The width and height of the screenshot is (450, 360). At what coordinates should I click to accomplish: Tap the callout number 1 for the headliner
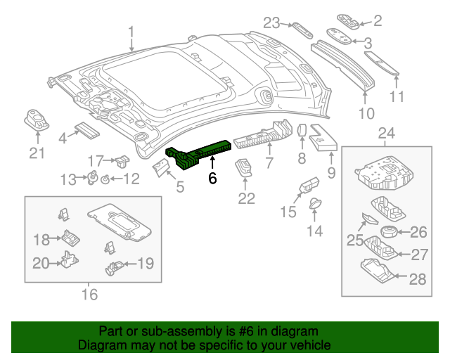click(131, 30)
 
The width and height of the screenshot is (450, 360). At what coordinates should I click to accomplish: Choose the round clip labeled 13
click(91, 177)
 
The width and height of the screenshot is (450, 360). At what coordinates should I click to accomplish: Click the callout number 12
click(131, 180)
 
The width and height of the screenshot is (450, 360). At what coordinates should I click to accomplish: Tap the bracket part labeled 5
click(162, 167)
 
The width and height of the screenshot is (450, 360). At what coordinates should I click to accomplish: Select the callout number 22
click(245, 199)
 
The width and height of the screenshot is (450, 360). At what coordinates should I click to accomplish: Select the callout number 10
click(366, 112)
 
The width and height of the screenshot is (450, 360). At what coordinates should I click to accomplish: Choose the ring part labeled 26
click(387, 233)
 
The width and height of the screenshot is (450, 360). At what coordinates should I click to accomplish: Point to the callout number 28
click(418, 280)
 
